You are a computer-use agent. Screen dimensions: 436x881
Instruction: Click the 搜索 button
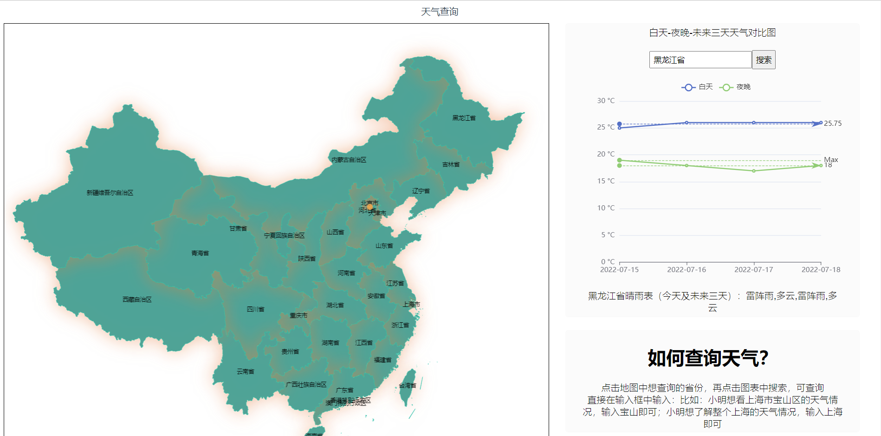point(763,60)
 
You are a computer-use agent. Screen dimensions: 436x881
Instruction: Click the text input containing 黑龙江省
point(700,60)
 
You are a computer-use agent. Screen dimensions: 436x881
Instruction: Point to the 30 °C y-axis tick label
point(606,101)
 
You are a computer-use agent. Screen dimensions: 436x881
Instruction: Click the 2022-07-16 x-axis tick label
point(687,270)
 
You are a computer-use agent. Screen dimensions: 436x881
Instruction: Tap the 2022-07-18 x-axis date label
point(821,270)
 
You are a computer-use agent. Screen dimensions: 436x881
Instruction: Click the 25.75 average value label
point(833,124)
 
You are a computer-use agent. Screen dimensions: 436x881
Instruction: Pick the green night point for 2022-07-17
point(754,171)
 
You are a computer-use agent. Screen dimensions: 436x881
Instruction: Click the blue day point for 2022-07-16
point(687,123)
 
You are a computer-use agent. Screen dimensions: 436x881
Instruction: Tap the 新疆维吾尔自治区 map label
point(110,193)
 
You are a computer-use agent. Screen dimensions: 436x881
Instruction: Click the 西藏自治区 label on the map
point(137,299)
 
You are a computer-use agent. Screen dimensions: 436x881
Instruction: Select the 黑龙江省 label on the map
point(464,118)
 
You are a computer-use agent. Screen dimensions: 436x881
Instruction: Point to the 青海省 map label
point(200,253)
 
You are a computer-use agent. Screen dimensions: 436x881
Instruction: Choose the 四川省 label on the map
point(255,309)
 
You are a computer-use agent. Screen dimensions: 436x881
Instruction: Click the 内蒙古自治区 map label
point(349,160)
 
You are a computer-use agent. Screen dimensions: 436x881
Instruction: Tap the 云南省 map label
point(246,371)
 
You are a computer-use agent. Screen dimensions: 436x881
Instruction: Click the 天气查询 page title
point(440,12)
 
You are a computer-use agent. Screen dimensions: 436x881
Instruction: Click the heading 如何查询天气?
point(708,358)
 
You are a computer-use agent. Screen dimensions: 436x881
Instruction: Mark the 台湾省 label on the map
point(408,385)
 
